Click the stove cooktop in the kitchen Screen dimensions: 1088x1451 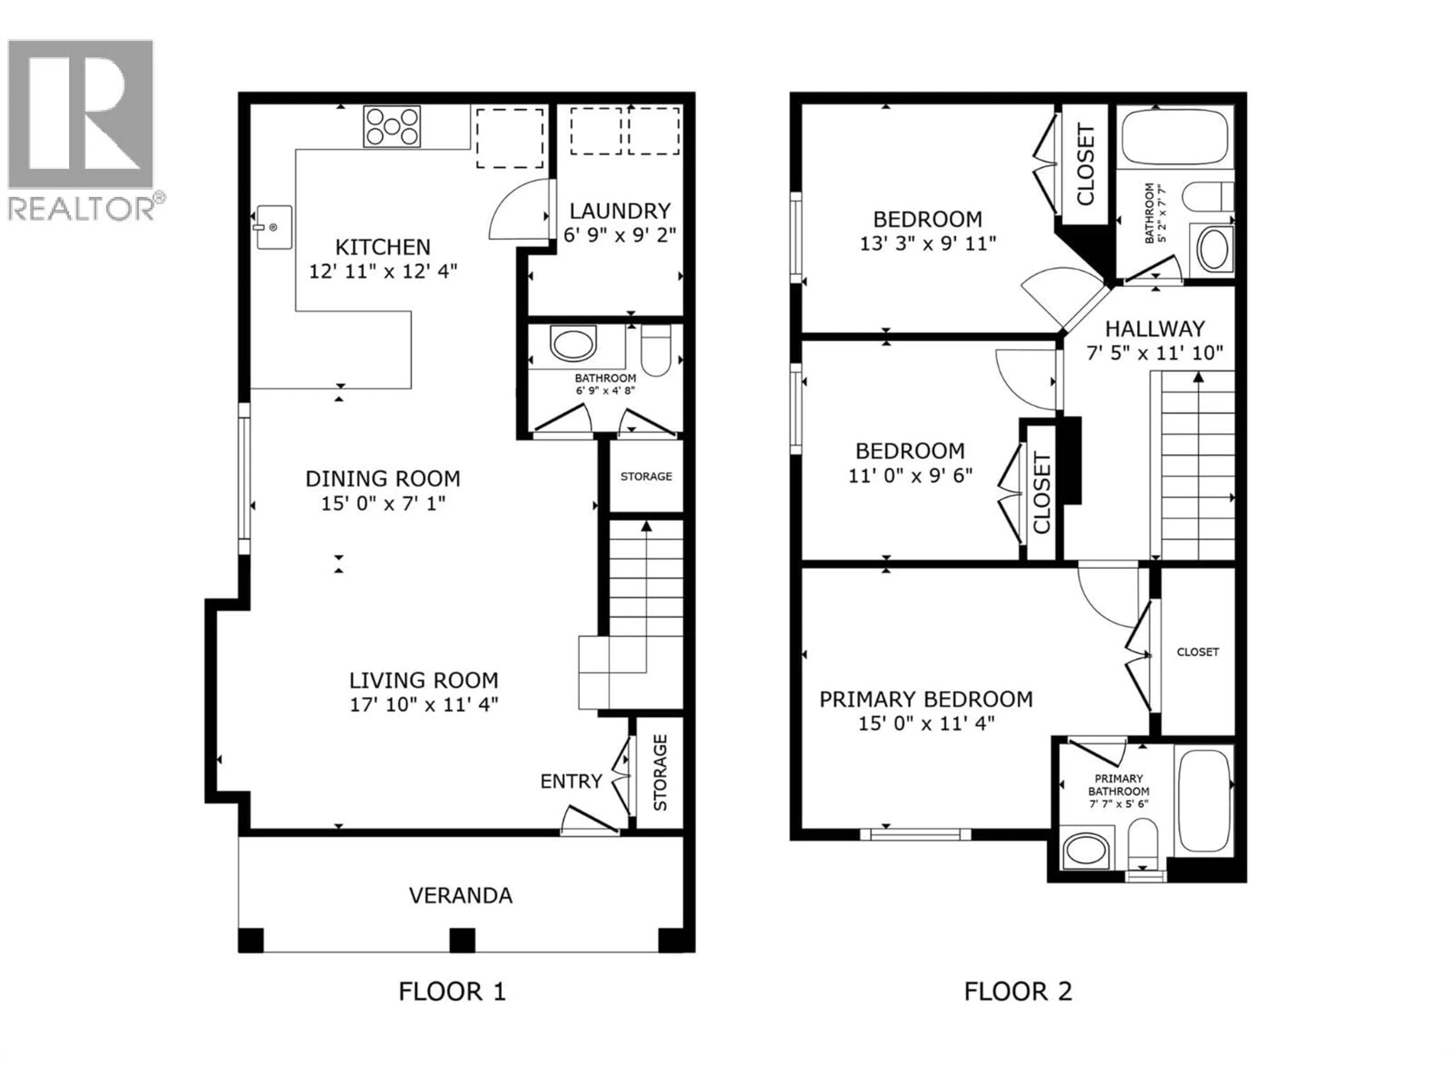click(x=391, y=127)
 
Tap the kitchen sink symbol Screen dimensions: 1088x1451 click(x=274, y=227)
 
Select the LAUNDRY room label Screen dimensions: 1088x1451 click(x=620, y=211)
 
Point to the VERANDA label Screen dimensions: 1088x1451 click(x=461, y=895)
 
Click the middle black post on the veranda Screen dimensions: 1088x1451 click(x=462, y=940)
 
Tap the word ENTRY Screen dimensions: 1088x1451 click(x=571, y=781)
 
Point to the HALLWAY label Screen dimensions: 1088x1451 click(x=1154, y=328)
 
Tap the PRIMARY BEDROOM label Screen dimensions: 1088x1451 click(x=925, y=699)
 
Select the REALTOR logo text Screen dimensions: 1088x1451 click(x=82, y=209)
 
